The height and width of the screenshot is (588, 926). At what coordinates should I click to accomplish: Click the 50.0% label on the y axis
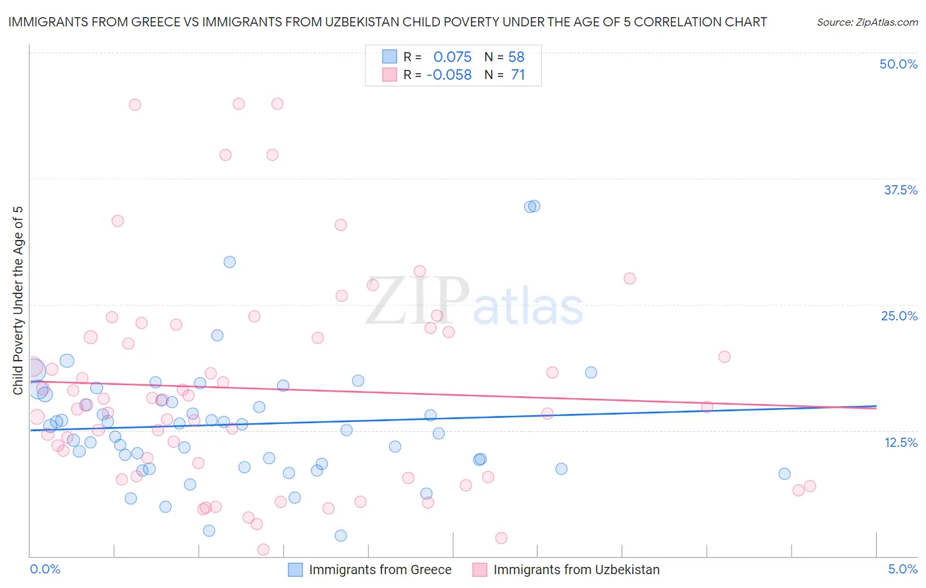pos(898,64)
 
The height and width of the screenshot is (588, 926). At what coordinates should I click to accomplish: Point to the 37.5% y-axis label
pos(900,190)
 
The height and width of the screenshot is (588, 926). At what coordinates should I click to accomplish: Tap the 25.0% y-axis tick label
pos(899,316)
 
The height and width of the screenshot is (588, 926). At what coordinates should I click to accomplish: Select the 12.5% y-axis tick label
pos(900,442)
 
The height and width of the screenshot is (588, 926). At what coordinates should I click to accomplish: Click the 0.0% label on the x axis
pos(45,569)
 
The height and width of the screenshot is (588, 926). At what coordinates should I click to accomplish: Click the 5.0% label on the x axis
pos(902,569)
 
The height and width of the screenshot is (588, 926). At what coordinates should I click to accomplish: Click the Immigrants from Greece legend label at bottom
pos(380,570)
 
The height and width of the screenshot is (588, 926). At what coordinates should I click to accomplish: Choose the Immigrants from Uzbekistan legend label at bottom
pos(576,570)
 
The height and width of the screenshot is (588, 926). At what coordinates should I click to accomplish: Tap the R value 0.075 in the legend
pos(452,57)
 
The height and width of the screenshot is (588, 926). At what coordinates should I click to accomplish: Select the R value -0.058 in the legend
pos(449,75)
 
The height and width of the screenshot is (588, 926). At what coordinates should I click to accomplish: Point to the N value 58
pos(516,57)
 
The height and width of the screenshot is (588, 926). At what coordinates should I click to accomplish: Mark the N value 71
pos(518,75)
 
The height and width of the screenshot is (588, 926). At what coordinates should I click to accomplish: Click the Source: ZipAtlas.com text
pos(867,22)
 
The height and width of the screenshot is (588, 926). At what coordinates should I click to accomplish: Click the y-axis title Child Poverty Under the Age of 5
pos(18,301)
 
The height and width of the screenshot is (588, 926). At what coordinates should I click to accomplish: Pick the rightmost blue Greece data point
pos(784,474)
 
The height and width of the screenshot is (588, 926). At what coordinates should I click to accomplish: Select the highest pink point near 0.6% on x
pos(135,104)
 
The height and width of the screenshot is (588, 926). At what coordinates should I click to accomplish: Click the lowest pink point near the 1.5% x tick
pos(263,550)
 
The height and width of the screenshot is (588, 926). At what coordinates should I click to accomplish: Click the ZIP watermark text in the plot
pos(417,301)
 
